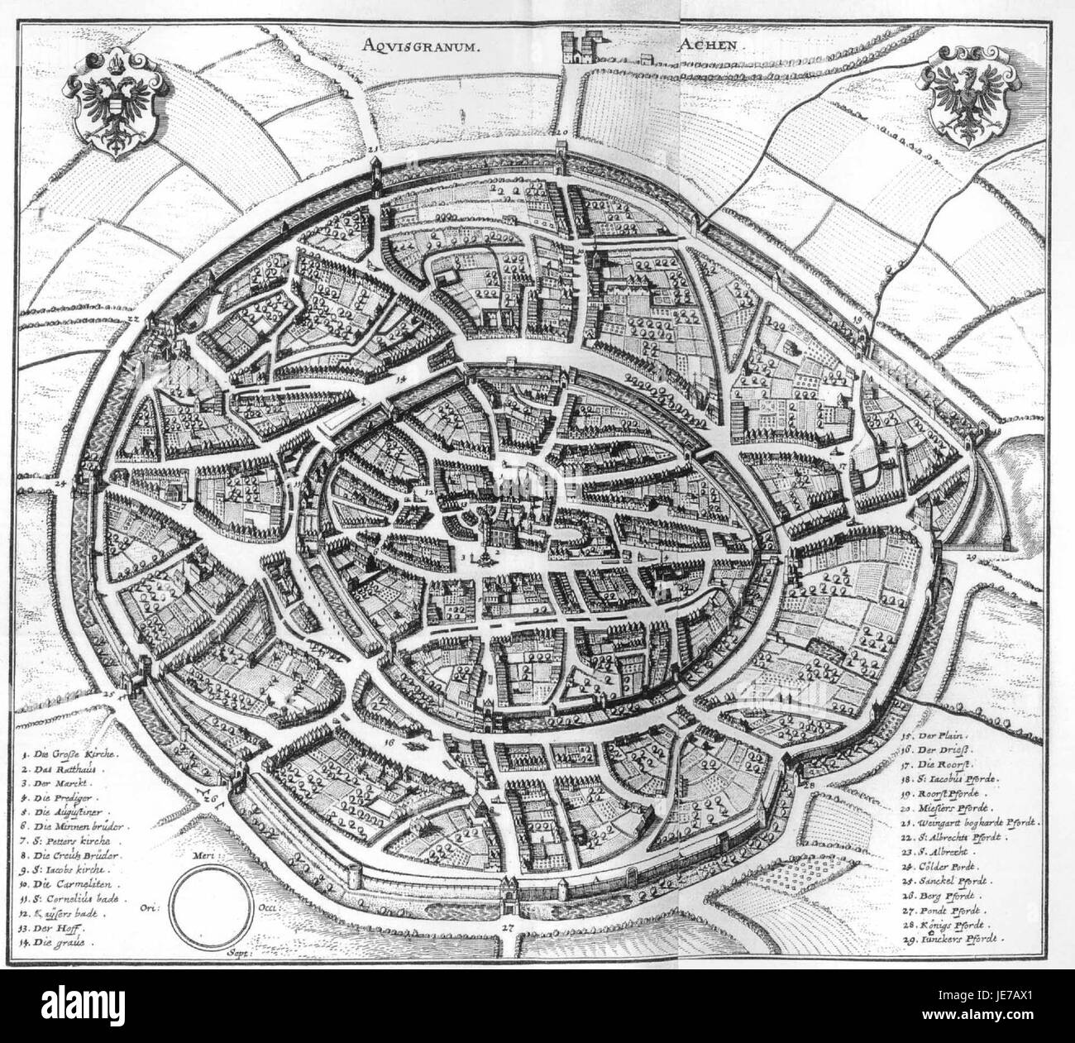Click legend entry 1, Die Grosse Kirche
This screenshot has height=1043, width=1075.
[73, 755]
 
